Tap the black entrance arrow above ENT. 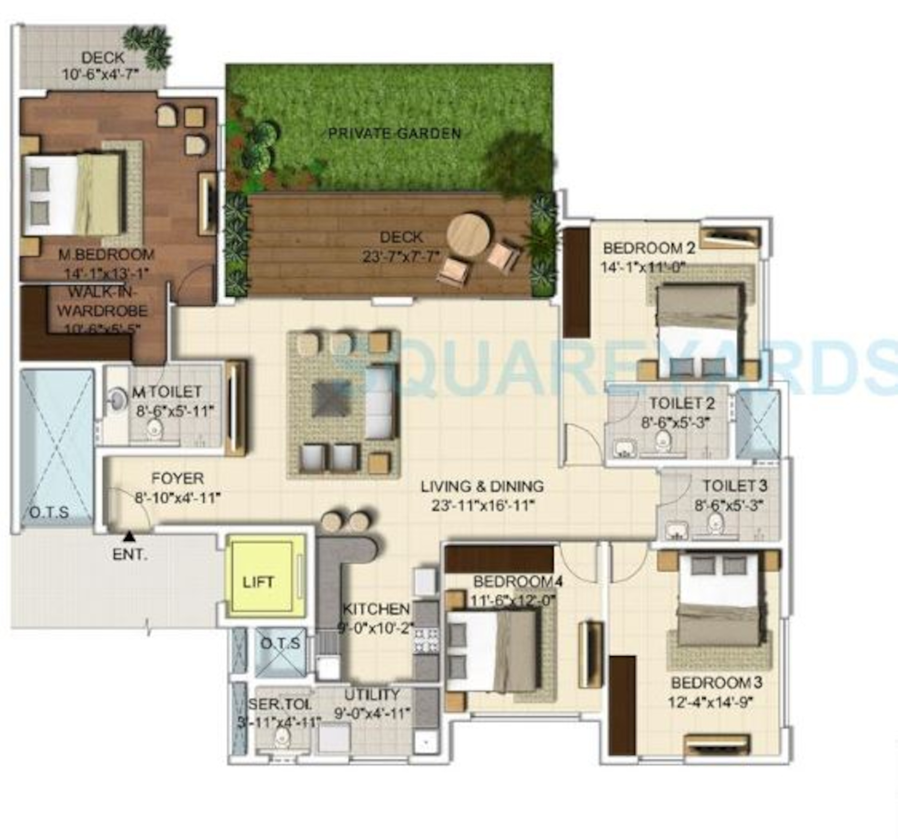[x=130, y=536]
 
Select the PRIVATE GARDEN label [x=394, y=134]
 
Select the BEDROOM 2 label [x=649, y=248]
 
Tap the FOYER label [x=177, y=478]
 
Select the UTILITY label [x=372, y=694]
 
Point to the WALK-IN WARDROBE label [x=102, y=301]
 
